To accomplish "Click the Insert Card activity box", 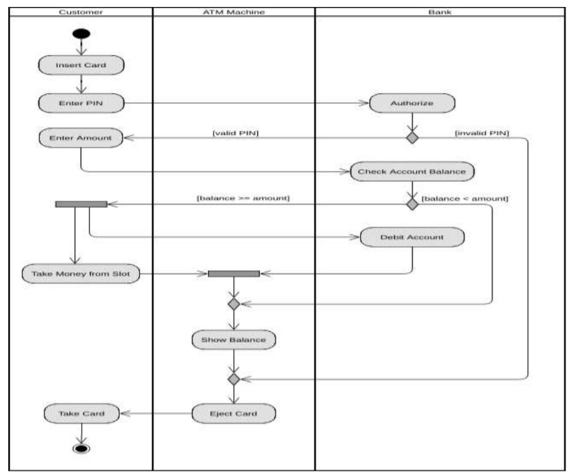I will point(80,65).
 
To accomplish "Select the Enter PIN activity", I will point(80,103).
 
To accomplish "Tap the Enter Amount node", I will point(80,138).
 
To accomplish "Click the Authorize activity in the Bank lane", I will point(412,103).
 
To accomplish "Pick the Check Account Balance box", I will point(412,172).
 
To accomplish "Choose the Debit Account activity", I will point(412,237).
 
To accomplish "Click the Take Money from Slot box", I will point(80,274).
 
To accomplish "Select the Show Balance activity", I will point(234,340).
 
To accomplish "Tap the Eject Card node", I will point(234,414).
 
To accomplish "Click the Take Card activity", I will point(82,414).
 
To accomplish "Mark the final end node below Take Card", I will point(82,448).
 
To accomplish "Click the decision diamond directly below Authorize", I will point(413,138).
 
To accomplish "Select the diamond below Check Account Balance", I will point(413,204).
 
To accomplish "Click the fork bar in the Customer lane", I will point(81,204).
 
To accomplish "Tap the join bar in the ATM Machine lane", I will point(234,274).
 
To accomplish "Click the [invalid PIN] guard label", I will point(482,133).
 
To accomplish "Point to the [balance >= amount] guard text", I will point(243,199).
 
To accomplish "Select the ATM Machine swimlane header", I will point(234,11).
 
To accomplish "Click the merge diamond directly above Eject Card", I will point(234,379).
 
